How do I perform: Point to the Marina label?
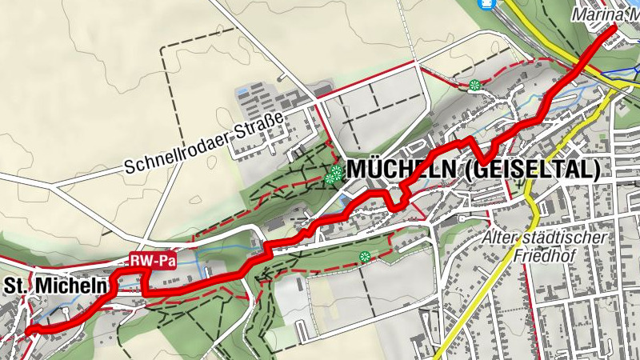click(604, 14)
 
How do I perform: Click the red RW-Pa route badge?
click(153, 261)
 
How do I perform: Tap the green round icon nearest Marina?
click(475, 84)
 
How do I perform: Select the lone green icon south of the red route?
click(365, 257)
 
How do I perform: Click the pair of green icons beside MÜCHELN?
click(334, 174)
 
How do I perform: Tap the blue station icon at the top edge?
click(484, 3)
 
